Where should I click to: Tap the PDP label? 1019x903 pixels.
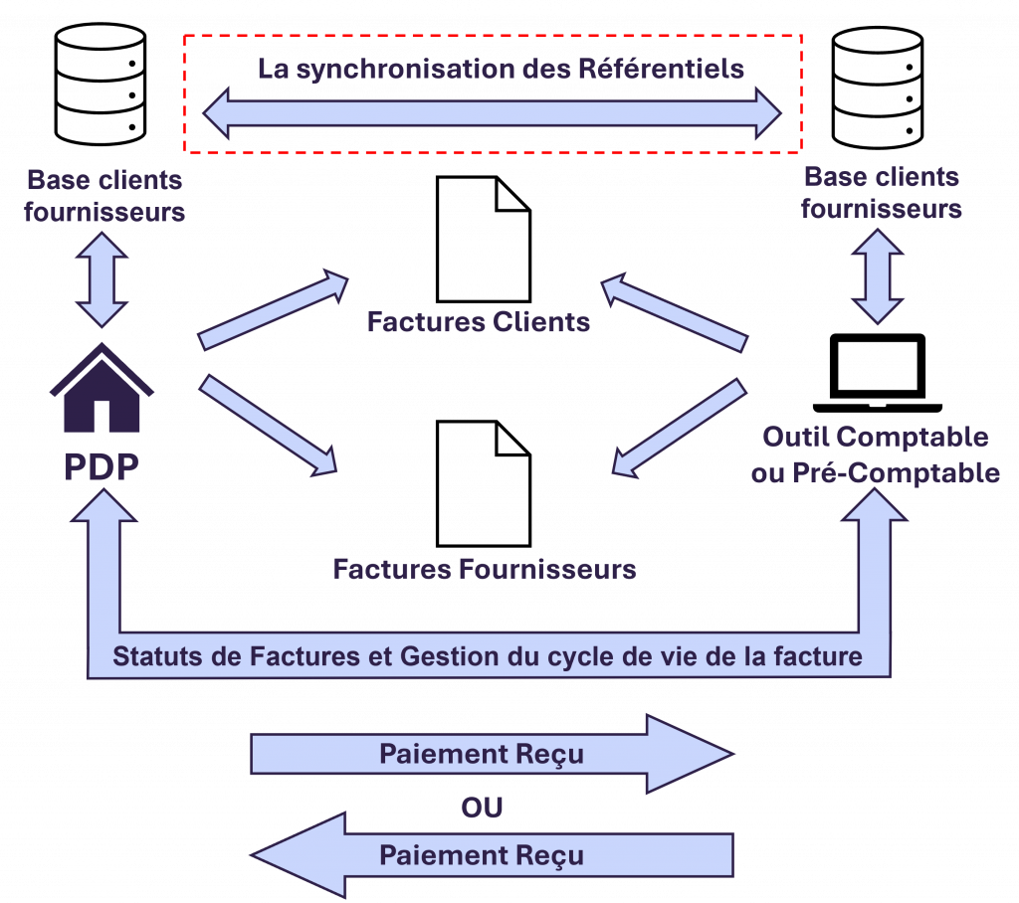coord(102,467)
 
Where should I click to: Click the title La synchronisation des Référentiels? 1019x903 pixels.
coord(501,69)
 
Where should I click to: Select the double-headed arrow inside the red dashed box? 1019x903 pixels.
coord(493,112)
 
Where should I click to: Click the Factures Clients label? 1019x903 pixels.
coord(478,322)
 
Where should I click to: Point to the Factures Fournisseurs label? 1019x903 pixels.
coord(485,569)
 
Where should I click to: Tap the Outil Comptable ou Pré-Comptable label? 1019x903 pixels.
coord(876,454)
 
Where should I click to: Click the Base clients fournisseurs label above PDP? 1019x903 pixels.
coord(104,196)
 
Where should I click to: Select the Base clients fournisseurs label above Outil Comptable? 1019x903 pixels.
coord(881,193)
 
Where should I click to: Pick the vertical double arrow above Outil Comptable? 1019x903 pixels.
coord(877,275)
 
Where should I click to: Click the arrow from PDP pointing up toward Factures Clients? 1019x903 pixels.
coord(274,309)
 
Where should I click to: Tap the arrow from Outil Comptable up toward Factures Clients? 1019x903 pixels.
coord(674,311)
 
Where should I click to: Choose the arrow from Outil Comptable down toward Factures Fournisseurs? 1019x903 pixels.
coord(679,426)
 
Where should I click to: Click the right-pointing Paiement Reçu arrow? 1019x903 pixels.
coord(492,754)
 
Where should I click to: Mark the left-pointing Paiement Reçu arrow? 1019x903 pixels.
coord(492,855)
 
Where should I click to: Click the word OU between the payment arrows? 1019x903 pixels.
coord(482,807)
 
